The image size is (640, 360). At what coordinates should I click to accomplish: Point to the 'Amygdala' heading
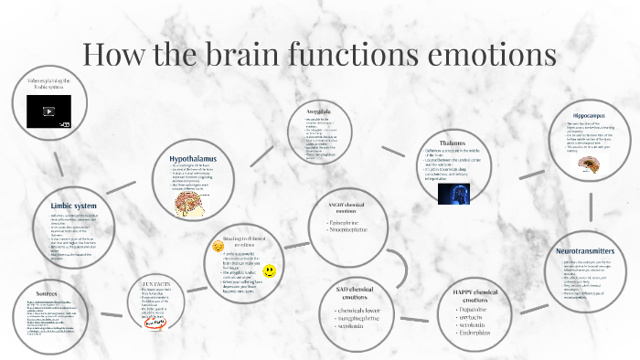click(x=318, y=111)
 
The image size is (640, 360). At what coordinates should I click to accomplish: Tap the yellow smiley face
click(x=270, y=271)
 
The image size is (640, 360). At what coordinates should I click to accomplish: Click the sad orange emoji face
click(x=218, y=246)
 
